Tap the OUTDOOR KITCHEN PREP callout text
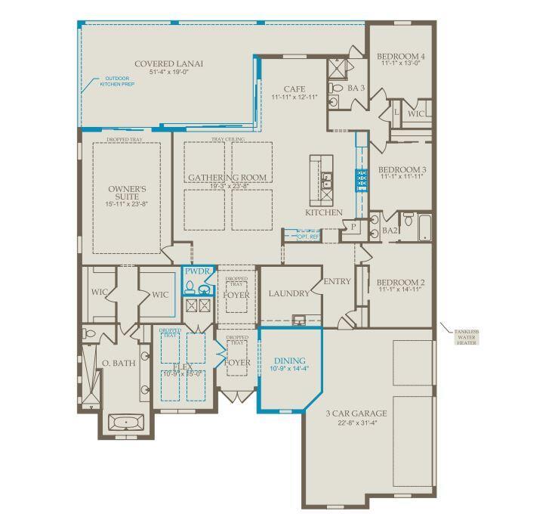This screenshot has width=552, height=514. tap(116, 82)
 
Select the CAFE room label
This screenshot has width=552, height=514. tap(294, 88)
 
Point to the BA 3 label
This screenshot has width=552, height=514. tap(356, 88)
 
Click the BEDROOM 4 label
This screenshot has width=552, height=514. tap(401, 57)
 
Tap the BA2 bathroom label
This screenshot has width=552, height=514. tap(390, 231)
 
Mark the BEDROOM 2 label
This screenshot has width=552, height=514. tap(401, 283)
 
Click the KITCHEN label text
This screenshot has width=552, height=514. tap(323, 212)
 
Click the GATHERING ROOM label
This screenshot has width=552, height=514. tap(227, 178)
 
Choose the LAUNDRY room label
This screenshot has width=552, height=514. tap(289, 293)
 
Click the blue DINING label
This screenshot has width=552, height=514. tap(289, 361)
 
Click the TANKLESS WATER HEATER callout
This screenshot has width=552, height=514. tap(465, 336)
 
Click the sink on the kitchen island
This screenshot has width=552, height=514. tap(327, 180)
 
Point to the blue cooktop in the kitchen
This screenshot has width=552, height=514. tap(361, 181)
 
